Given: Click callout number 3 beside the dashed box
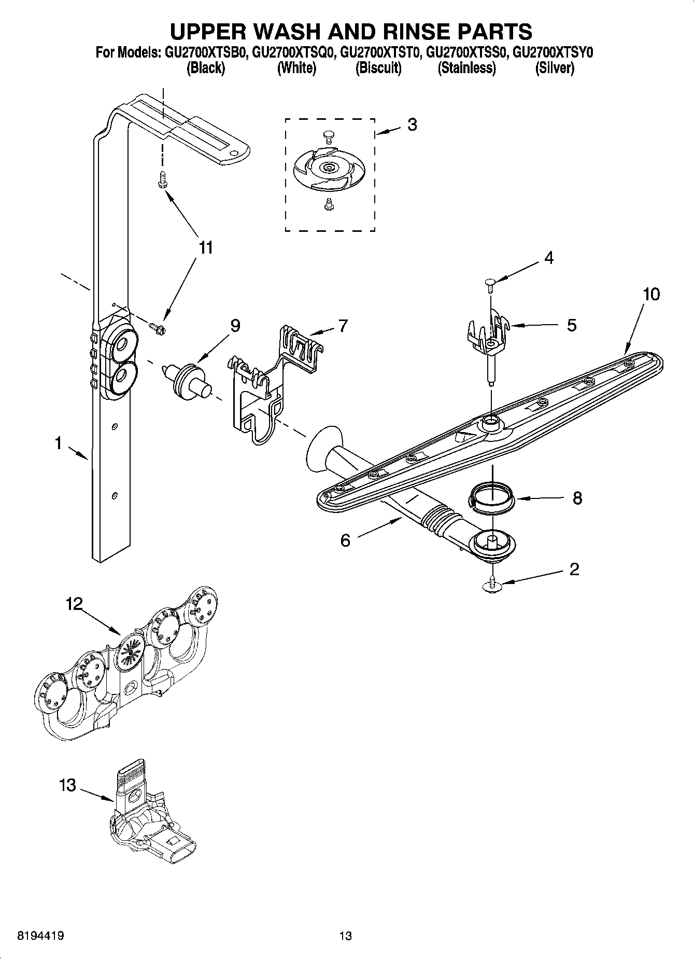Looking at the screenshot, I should click(x=412, y=124).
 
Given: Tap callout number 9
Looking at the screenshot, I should click(x=235, y=326).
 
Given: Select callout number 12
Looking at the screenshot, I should click(x=74, y=604).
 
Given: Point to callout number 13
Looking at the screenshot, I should click(x=67, y=785).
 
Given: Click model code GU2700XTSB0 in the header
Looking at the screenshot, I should click(x=209, y=52).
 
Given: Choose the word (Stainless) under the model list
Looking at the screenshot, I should click(x=466, y=68).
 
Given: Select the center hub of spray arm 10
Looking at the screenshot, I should click(x=490, y=423).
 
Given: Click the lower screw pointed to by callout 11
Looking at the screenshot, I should click(x=157, y=327).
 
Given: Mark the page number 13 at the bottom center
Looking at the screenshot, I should click(x=345, y=936).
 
